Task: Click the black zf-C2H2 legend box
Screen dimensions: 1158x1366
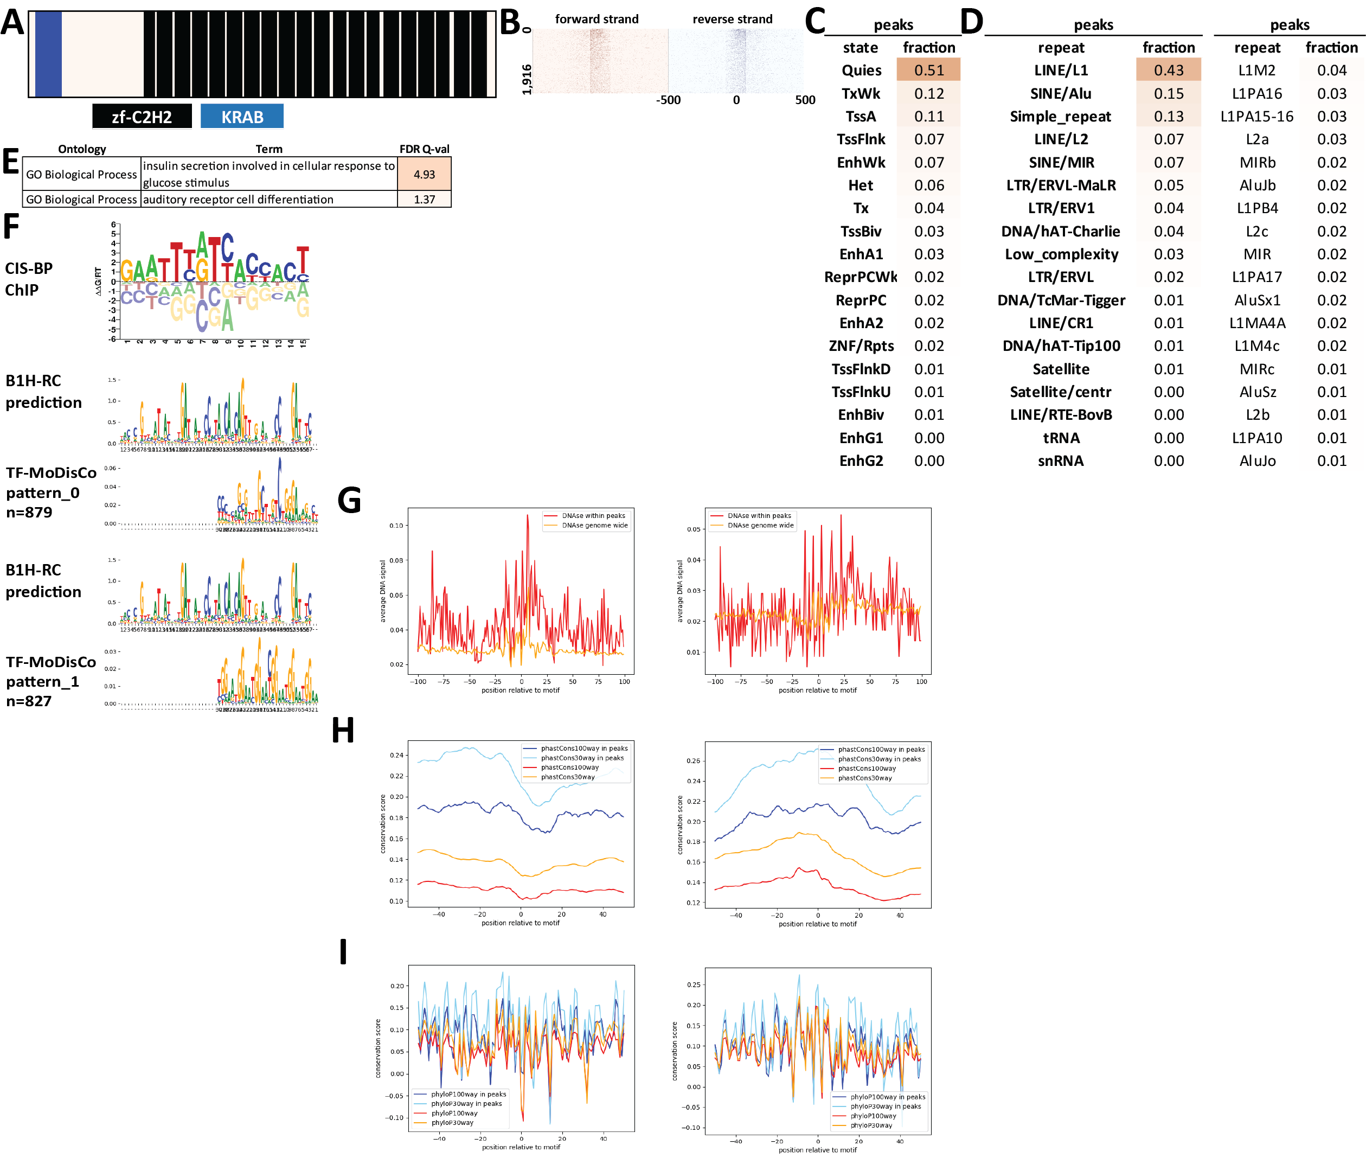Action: point(142,117)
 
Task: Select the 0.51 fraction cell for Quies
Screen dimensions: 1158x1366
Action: point(928,71)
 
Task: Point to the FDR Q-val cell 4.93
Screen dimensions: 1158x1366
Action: point(424,174)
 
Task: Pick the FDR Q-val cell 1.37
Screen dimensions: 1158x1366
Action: point(424,200)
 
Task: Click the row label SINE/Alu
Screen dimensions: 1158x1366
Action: point(1060,94)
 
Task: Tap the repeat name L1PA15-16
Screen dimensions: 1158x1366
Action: point(1256,117)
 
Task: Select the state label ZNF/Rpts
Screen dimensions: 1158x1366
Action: point(861,346)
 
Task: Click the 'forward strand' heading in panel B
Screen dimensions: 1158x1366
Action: point(596,19)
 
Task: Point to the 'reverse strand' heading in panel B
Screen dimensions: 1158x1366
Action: point(732,19)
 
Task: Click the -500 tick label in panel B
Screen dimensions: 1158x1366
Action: point(668,100)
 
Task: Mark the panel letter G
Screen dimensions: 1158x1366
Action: point(349,500)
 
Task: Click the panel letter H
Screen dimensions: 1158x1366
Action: point(343,730)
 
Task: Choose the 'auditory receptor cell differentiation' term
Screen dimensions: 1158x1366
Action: point(238,200)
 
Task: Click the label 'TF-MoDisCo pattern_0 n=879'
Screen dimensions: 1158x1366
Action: point(50,492)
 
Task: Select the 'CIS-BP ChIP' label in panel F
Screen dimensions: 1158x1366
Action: point(29,279)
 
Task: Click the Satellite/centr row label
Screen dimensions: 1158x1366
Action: point(1060,392)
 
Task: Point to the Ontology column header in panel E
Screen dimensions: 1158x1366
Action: point(82,149)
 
